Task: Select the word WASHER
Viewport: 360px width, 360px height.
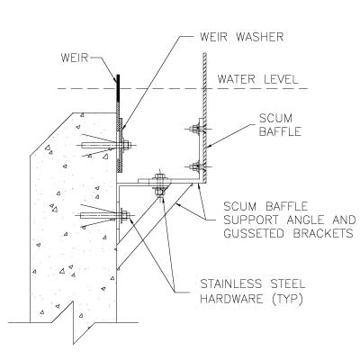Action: pos(260,37)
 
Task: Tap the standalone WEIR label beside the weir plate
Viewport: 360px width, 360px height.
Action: pos(75,58)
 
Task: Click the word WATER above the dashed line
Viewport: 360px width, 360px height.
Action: pos(236,79)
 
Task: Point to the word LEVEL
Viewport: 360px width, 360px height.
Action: pos(281,79)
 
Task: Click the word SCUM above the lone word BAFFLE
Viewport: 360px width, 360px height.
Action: pos(275,118)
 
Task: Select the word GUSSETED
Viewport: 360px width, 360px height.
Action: pos(254,233)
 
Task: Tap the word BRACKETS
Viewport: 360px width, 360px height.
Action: pos(323,233)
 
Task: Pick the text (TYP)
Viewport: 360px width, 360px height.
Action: pos(287,299)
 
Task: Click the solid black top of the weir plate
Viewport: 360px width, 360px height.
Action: pos(118,88)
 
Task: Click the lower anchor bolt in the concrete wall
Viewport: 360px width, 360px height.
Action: pos(105,215)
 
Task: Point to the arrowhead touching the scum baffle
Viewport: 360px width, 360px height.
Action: pos(210,146)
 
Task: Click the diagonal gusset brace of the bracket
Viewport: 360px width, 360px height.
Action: pos(155,227)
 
